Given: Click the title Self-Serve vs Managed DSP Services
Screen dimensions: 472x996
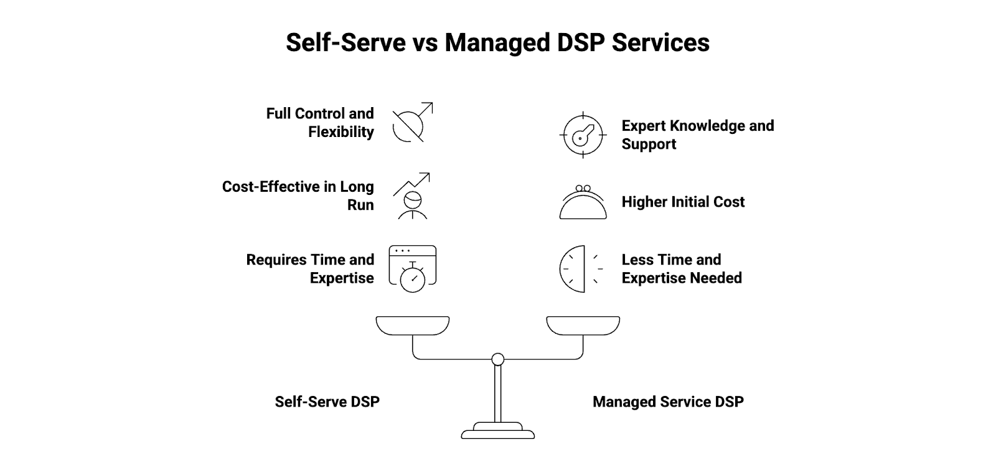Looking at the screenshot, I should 497,42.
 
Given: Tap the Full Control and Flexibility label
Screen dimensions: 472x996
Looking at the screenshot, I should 320,123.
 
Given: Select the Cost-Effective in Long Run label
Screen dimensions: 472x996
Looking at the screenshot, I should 298,196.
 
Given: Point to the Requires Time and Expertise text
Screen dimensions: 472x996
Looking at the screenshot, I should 310,268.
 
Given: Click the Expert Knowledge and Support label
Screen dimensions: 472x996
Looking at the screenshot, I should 697,135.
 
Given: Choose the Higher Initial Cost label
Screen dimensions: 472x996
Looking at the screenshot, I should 683,202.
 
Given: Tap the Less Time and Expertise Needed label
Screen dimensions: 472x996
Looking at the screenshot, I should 682,268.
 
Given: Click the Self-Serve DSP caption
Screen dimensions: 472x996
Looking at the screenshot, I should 327,402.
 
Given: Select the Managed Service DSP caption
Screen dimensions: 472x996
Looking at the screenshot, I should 668,402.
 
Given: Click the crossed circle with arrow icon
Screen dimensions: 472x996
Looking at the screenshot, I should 411,123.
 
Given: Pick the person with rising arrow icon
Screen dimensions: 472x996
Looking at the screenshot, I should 411,196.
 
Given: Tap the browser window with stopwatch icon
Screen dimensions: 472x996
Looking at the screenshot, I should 412,268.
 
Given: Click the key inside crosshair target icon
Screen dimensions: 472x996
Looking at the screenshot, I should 583,135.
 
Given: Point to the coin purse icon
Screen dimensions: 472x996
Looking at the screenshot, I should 583,202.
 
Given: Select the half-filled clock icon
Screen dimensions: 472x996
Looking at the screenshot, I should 581,269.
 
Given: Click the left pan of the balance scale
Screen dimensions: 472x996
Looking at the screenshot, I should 412,325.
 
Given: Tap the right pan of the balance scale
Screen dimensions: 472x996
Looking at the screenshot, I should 583,325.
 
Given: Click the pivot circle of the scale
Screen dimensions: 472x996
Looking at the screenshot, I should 497,359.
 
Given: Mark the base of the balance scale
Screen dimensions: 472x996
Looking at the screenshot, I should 497,431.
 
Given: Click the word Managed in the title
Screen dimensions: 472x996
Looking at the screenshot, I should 497,42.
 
